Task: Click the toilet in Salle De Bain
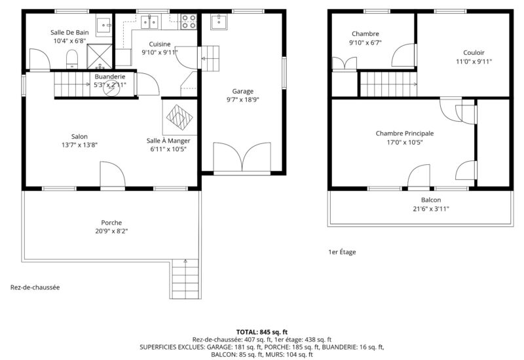pos(72,59)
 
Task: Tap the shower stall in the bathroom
pos(100,56)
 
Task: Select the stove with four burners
pos(189,22)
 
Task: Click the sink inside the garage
pos(219,22)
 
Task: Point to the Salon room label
pos(79,137)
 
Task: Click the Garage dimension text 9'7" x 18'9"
pos(243,99)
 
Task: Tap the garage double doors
pos(242,157)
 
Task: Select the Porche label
pos(111,223)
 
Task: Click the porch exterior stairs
pos(185,279)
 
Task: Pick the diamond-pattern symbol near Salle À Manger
pos(179,117)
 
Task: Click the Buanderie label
pos(110,77)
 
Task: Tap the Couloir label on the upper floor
pos(474,53)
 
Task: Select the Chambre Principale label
pos(405,134)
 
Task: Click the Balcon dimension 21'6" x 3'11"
pos(431,209)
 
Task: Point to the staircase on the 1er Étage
pos(388,84)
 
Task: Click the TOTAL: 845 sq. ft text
pos(262,332)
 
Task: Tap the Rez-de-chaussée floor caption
pos(35,287)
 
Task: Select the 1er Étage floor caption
pos(342,252)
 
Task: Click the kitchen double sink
pos(149,22)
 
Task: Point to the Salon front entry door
pos(113,174)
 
